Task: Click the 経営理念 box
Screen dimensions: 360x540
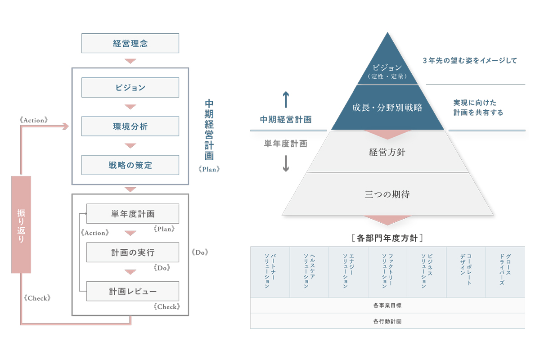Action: [130, 43]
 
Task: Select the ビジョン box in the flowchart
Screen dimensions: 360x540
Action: [130, 87]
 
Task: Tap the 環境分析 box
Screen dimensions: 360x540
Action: [130, 126]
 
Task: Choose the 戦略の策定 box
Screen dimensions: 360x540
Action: [130, 165]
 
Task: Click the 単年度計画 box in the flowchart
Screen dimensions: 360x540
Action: [133, 213]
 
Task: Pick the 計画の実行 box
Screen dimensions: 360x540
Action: [133, 252]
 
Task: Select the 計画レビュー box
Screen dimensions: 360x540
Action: [133, 291]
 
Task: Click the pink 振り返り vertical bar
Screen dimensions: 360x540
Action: [21, 224]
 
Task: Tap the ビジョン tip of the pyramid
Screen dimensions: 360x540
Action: [387, 70]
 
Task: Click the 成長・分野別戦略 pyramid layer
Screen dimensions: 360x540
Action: [387, 108]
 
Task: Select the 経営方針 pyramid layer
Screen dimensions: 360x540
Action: [387, 153]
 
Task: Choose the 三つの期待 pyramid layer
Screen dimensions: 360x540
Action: [387, 195]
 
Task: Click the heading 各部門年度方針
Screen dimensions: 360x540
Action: [387, 237]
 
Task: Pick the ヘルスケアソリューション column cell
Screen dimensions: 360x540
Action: [309, 272]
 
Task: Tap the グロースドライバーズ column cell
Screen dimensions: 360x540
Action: [505, 272]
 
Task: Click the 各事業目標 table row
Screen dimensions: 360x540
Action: [387, 305]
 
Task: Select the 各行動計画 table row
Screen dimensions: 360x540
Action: [387, 321]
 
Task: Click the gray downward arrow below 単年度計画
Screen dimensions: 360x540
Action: [285, 164]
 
